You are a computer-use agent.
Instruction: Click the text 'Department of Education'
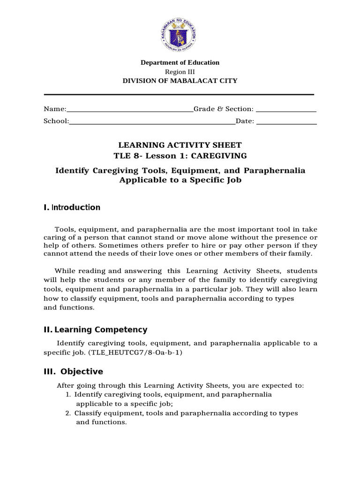click(180, 62)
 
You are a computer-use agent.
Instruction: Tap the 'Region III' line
click(180, 72)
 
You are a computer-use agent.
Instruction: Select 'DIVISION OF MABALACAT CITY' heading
click(180, 81)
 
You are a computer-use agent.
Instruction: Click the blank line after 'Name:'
click(130, 111)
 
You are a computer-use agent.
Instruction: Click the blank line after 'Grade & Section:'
click(286, 111)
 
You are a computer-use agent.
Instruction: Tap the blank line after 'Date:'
click(287, 123)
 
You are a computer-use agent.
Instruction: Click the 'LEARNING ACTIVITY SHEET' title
click(180, 145)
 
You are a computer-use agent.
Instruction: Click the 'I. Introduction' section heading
click(72, 207)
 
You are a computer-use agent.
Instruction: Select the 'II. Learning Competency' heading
click(95, 330)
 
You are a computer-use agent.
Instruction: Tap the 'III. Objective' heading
click(73, 371)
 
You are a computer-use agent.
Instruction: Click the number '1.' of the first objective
click(68, 395)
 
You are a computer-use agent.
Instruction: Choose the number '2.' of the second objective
click(68, 413)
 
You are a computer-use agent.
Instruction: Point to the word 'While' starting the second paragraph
click(65, 271)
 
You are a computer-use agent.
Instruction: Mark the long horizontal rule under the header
click(179, 94)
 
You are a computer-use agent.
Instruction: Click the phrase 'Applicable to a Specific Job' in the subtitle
click(180, 180)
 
